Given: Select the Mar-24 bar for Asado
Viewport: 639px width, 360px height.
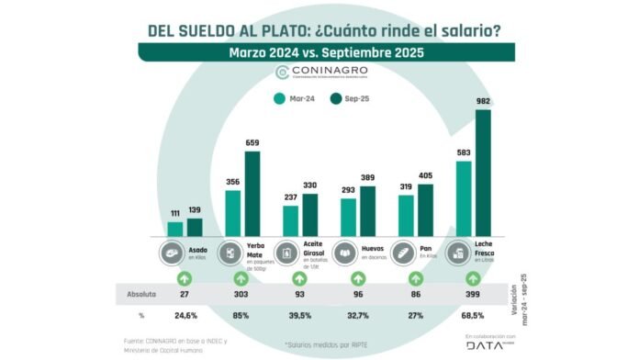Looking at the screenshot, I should (174, 229).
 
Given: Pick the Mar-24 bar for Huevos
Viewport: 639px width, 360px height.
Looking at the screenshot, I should (348, 217).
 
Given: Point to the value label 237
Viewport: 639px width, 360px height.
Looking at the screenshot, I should (290, 197).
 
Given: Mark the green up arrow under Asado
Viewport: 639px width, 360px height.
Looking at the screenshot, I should (184, 278).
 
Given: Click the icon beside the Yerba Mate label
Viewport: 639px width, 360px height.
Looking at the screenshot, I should (230, 253).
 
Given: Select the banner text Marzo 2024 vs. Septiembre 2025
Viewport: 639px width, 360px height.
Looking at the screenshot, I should (319, 52).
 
